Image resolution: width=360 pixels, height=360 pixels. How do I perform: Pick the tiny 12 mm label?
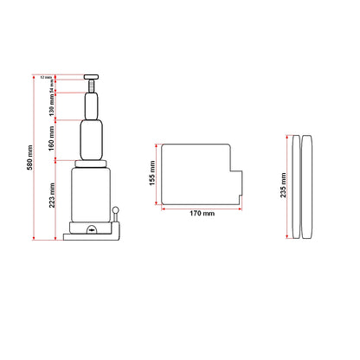(45, 78)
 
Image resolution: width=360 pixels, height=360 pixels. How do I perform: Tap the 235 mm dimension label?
(285, 185)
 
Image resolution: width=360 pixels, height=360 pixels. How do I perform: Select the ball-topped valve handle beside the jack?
(117, 216)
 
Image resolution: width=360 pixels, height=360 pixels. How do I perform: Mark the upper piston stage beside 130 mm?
(93, 107)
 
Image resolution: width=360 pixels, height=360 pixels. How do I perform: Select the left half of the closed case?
(298, 185)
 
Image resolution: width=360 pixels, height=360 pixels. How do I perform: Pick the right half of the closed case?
(308, 185)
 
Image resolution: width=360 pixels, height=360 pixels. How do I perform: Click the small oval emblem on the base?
(93, 229)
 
